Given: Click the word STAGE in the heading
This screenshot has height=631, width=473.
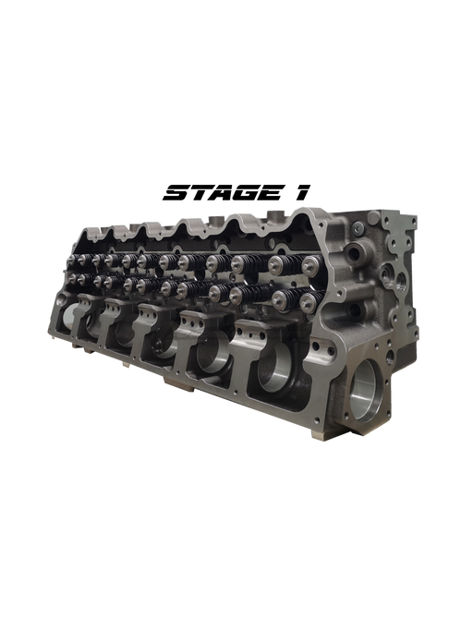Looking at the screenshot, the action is (x=223, y=192).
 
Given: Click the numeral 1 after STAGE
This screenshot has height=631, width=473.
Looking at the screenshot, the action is (x=301, y=192).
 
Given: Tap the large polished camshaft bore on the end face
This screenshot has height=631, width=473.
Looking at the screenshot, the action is (x=365, y=390).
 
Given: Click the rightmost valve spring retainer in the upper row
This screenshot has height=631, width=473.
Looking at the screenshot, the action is (x=310, y=264).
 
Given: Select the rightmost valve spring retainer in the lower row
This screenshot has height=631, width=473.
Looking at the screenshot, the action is (x=308, y=301).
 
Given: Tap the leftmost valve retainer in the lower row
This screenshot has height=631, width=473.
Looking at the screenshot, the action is (x=72, y=278).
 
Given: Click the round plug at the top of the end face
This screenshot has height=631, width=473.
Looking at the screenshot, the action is (x=357, y=228).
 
